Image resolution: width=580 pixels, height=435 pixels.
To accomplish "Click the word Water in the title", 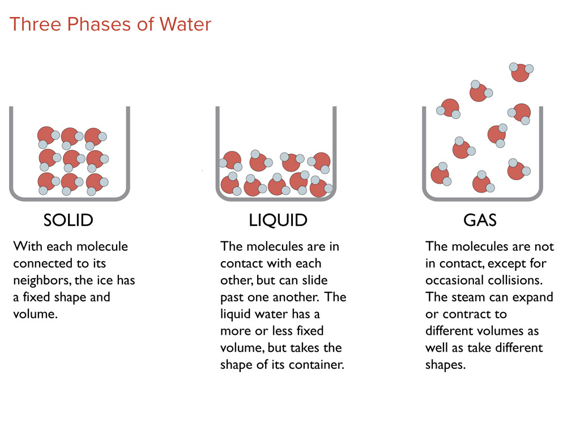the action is click(x=185, y=24).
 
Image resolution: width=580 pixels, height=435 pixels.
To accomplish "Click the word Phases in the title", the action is click(x=99, y=24).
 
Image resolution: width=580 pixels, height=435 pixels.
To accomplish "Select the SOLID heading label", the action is click(x=69, y=220).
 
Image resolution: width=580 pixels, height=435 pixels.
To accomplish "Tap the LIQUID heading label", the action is click(x=278, y=220).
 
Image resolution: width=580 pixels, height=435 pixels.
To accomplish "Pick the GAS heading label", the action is click(x=480, y=220).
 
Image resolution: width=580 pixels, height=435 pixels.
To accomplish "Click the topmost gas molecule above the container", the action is click(x=521, y=72).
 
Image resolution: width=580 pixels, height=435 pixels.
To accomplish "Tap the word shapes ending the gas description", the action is click(x=445, y=365).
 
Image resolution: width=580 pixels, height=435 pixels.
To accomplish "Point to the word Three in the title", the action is click(x=35, y=24).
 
